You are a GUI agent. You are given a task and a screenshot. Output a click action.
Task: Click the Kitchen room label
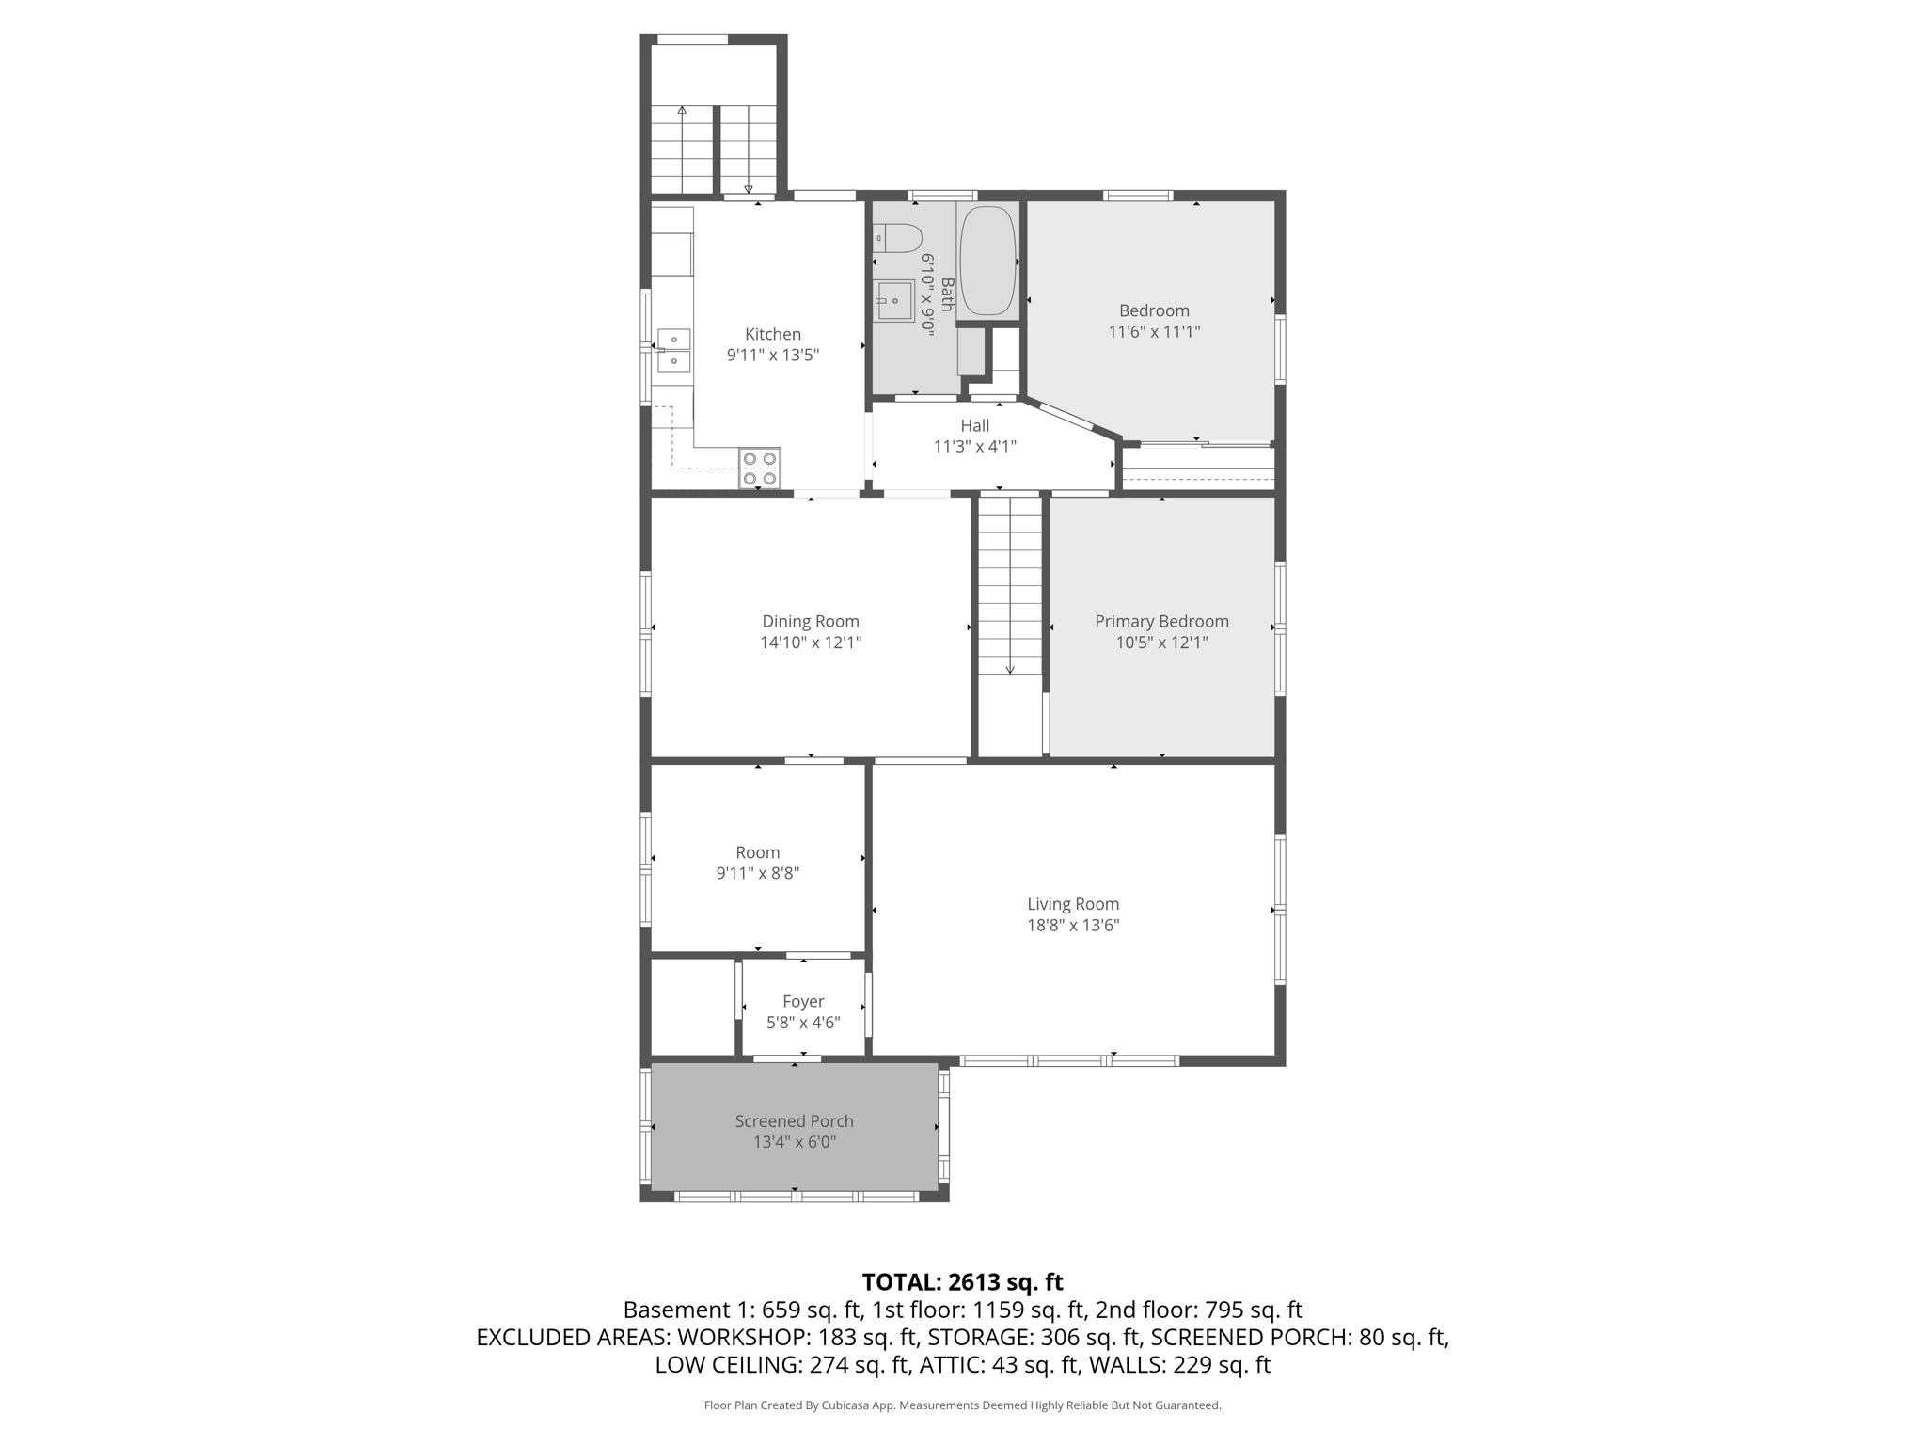tap(773, 334)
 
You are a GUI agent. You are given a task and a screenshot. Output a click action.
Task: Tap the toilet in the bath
tap(897, 238)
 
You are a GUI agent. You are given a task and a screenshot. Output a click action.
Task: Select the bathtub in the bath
tap(987, 261)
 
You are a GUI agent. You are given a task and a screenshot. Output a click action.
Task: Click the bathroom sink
tap(894, 301)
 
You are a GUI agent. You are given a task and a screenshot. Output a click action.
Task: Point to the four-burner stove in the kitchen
tap(760, 468)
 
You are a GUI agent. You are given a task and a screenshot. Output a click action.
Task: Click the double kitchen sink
tap(673, 350)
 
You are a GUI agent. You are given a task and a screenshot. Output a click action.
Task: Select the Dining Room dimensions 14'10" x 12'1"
tap(811, 643)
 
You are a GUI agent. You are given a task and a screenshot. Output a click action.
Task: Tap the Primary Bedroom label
tap(1161, 621)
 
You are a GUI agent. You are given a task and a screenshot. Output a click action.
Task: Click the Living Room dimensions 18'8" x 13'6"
tap(1073, 925)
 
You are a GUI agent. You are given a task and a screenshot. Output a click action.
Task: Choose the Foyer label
tap(803, 1001)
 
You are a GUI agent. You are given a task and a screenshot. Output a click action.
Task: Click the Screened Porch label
tap(795, 1120)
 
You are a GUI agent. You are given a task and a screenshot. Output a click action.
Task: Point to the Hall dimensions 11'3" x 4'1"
tap(975, 447)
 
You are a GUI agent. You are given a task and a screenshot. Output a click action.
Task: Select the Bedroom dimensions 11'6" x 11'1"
tap(1154, 331)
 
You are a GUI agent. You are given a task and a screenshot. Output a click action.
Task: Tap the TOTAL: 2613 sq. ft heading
tap(962, 1282)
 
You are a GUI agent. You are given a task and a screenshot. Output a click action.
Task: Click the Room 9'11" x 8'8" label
tap(758, 863)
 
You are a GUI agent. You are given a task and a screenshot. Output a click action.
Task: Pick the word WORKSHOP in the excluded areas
tap(737, 1337)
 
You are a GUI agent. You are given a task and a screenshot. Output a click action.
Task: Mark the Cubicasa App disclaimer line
tap(962, 1405)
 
